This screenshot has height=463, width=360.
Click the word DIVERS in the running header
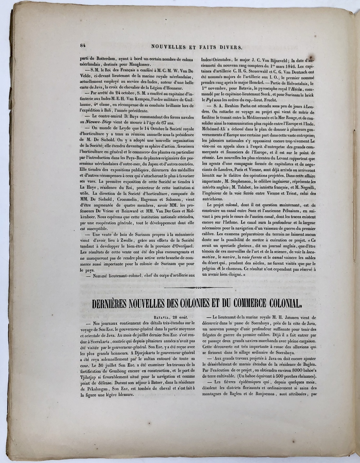coord(228,46)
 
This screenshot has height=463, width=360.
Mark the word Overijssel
coord(178,246)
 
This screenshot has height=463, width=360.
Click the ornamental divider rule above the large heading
coord(197,287)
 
